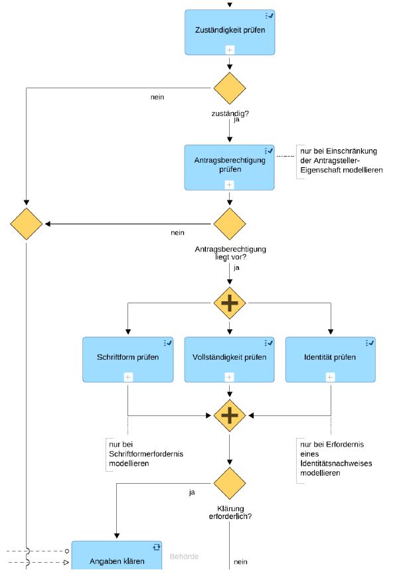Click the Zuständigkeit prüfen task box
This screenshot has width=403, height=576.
tap(230, 33)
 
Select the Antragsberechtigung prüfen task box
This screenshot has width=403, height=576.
tap(229, 167)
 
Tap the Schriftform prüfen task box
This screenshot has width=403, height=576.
tap(128, 360)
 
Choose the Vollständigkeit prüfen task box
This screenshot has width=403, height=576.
tap(229, 360)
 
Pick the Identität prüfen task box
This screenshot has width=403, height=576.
tap(330, 360)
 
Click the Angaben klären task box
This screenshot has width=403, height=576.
tap(116, 555)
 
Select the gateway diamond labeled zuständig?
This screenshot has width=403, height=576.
tap(230, 88)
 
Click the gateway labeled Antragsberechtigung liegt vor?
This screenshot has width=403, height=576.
tap(230, 224)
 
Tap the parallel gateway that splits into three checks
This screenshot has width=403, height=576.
tap(230, 303)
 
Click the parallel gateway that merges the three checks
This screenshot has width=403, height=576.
tap(230, 415)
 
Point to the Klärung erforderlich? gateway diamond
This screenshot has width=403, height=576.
tap(230, 483)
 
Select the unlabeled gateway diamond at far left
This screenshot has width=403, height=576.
tap(27, 224)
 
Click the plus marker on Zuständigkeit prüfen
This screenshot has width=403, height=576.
tap(230, 50)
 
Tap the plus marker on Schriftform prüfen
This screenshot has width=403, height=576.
tap(128, 377)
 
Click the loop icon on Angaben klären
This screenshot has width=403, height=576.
tap(157, 547)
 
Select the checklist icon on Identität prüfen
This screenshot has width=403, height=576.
tap(370, 342)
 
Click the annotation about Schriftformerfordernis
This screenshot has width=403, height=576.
tap(146, 454)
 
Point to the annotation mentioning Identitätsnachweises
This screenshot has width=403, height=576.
tap(336, 459)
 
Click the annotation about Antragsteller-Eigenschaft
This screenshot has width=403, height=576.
tap(341, 161)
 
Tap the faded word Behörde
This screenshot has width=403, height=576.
tap(184, 557)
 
